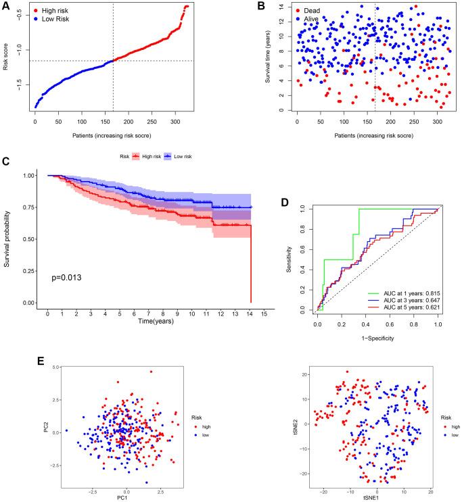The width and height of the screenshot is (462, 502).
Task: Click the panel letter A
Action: [x=6, y=6]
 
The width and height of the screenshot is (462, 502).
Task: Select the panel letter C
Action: [x=6, y=161]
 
